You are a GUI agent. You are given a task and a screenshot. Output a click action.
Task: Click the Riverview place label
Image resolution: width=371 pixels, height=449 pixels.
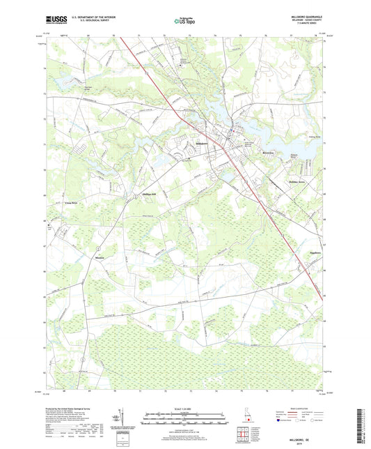[x=249, y=150]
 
